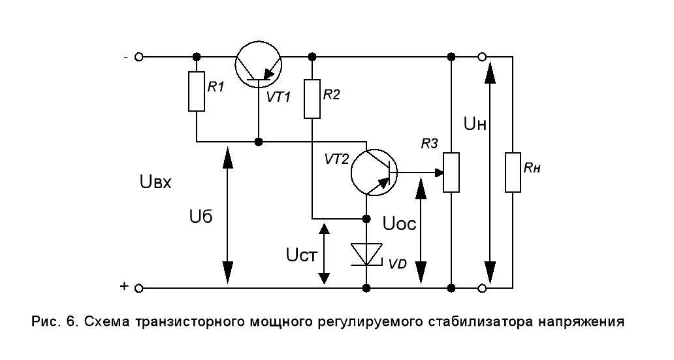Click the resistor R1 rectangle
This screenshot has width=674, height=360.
tap(197, 91)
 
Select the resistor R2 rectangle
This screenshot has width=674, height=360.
tap(313, 99)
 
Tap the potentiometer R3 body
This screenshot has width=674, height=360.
tap(451, 172)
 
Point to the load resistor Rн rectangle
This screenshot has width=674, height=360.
tap(513, 172)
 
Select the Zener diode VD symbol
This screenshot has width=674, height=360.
tap(366, 254)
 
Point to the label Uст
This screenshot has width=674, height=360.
tap(301, 252)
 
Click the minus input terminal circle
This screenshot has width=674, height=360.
tap(138, 57)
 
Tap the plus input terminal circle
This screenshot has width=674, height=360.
tap(138, 287)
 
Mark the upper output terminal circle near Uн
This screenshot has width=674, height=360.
tap(482, 57)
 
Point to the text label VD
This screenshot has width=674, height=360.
tap(397, 265)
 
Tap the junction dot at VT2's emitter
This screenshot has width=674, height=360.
tap(366, 218)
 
